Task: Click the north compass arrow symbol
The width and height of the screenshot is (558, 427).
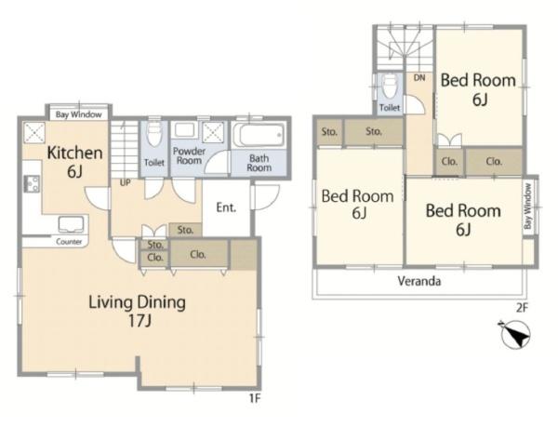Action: point(514,335)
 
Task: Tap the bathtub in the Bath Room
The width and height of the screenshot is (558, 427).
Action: point(259,135)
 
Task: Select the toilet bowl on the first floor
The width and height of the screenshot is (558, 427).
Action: point(154,134)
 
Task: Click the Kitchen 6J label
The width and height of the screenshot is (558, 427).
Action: point(74,162)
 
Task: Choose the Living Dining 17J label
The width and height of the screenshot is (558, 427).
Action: point(137,311)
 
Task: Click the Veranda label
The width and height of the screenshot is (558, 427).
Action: point(419,281)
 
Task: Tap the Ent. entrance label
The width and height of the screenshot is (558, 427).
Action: point(226,207)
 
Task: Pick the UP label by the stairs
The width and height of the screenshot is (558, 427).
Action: point(126,183)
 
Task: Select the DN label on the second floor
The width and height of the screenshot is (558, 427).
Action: point(419,77)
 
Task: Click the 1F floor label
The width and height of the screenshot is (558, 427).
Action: point(255,398)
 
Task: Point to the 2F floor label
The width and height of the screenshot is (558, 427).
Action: point(522,307)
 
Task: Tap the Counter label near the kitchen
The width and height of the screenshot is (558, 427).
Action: point(69,242)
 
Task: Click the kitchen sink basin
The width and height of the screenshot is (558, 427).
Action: point(72,225)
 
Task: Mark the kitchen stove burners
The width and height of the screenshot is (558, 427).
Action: point(32,184)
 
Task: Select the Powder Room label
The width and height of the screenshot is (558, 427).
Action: point(189,156)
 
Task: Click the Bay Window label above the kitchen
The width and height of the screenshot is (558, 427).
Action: point(79,114)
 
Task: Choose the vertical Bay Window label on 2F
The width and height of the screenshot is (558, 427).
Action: point(527,206)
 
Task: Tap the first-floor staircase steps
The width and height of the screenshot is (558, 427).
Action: point(125,150)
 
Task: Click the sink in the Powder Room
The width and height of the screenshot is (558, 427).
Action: point(183,131)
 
